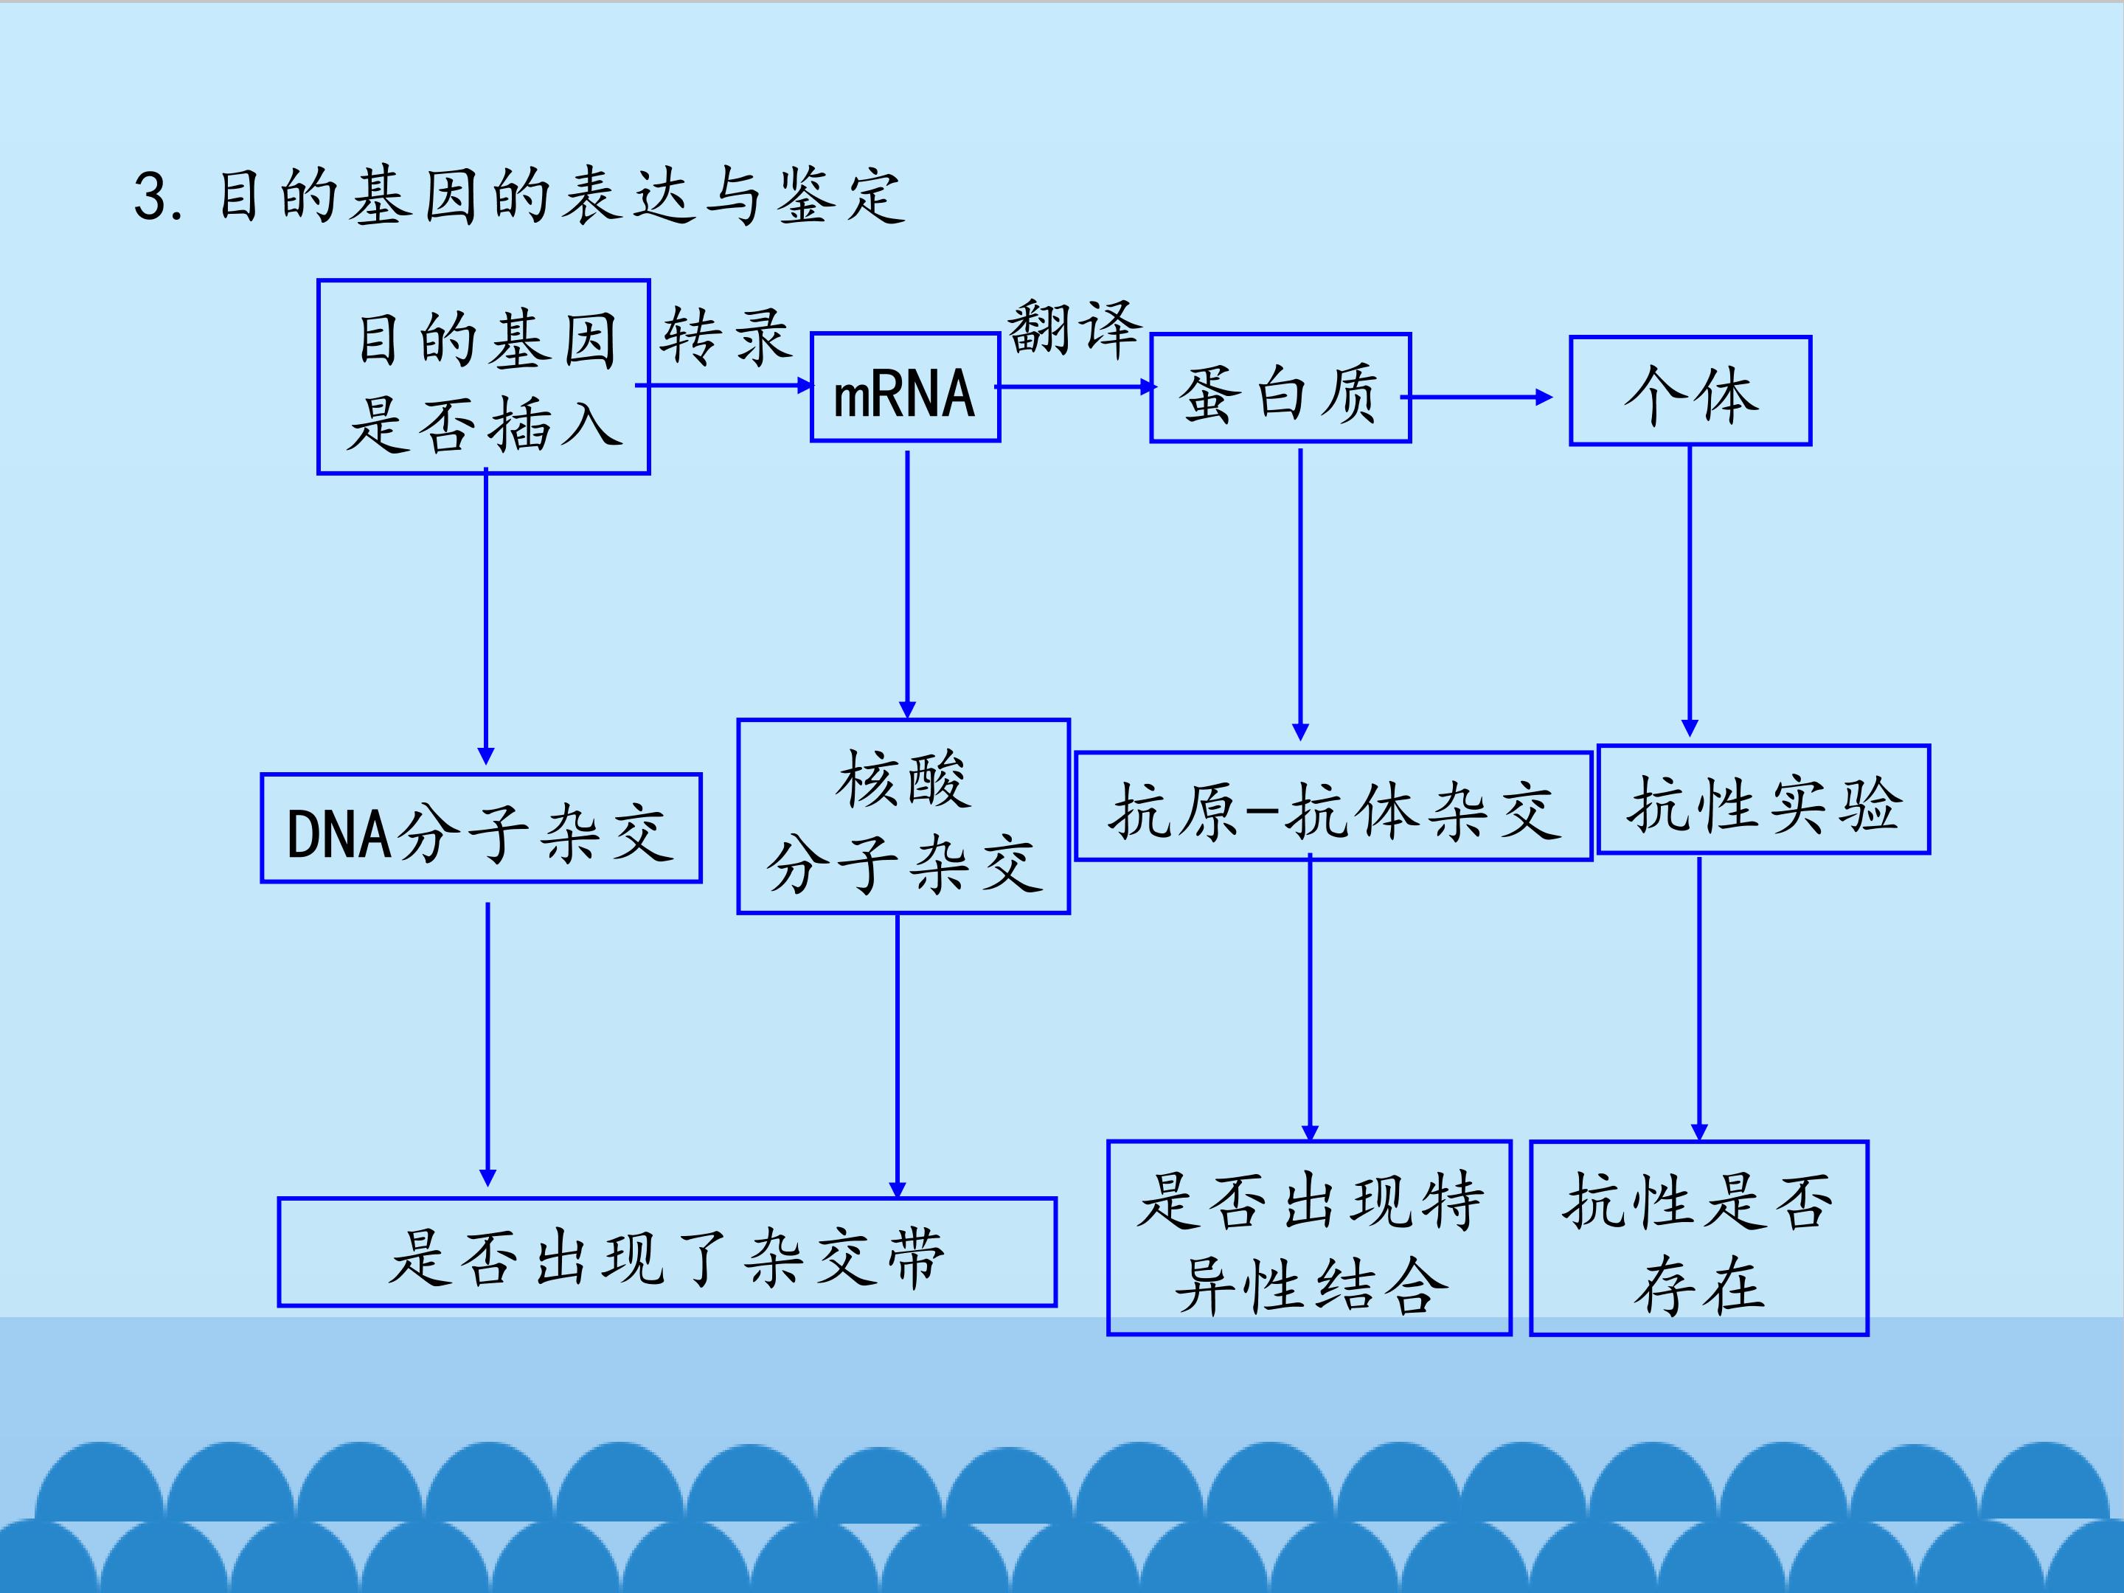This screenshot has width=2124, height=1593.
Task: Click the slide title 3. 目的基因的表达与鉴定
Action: [x=518, y=196]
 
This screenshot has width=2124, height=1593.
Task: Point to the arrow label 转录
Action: [x=725, y=337]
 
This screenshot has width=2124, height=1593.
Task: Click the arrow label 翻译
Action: [x=1075, y=328]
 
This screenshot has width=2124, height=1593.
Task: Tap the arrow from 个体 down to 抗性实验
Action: [x=1690, y=591]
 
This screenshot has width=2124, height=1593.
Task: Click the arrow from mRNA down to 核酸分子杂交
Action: [x=907, y=585]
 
